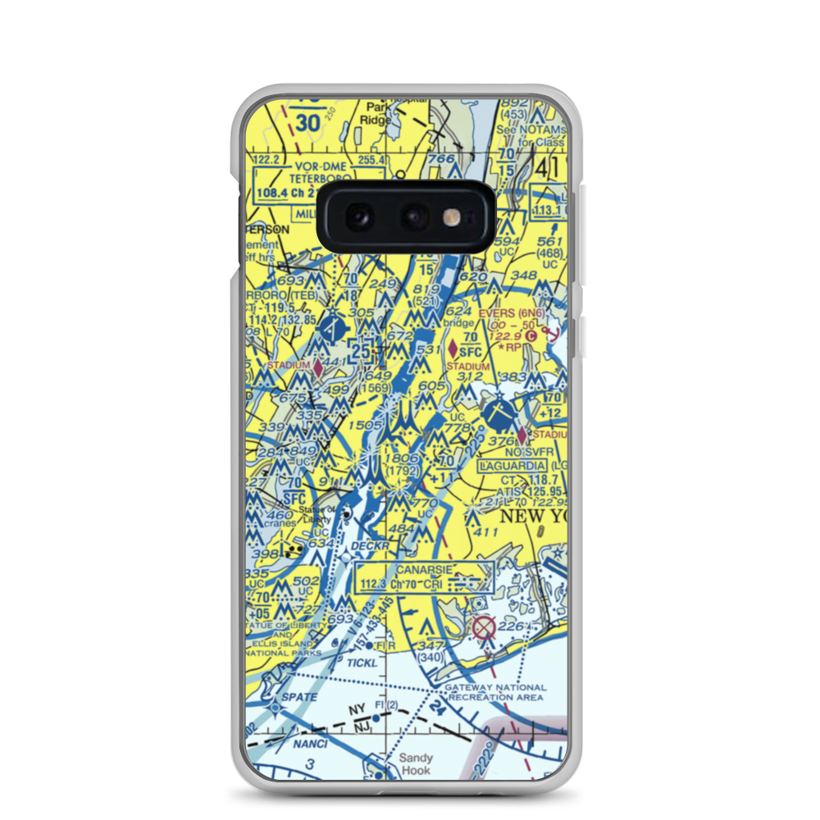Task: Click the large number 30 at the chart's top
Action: [307, 123]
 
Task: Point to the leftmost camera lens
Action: [359, 217]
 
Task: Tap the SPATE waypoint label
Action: [301, 697]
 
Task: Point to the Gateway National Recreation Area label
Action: [494, 692]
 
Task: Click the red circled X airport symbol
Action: [484, 628]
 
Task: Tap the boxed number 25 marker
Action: [361, 351]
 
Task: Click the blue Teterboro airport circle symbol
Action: [331, 331]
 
